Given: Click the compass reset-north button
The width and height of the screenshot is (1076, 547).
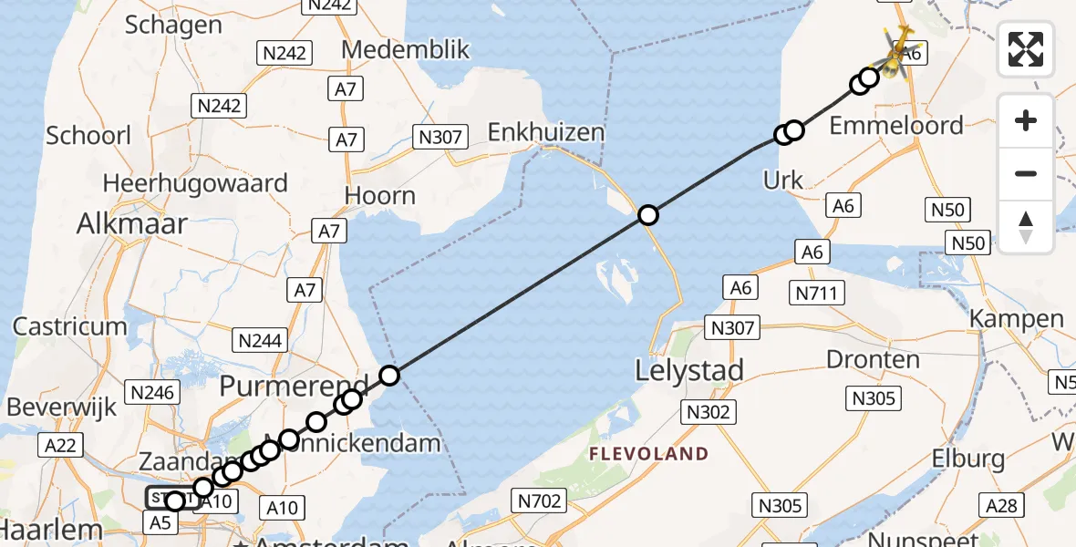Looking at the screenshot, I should pyautogui.click(x=1026, y=227).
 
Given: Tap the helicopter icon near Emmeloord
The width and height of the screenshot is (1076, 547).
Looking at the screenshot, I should pyautogui.click(x=900, y=51).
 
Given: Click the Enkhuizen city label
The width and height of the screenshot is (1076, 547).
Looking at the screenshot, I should pyautogui.click(x=546, y=132).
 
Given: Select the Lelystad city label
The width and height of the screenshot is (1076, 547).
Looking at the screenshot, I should pyautogui.click(x=690, y=370).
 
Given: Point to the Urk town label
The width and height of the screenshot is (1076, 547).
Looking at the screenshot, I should pyautogui.click(x=783, y=180).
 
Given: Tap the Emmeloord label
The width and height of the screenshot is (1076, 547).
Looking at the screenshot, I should pyautogui.click(x=896, y=125).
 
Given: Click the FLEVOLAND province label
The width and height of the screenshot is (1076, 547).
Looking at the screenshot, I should pyautogui.click(x=648, y=453).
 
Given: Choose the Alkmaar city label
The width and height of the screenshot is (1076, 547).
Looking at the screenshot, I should pyautogui.click(x=132, y=223).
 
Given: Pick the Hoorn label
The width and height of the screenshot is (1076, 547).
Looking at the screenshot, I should pyautogui.click(x=380, y=196).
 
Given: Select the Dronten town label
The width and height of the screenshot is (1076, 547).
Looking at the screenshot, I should pyautogui.click(x=873, y=359).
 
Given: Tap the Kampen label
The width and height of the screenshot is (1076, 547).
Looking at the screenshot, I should pyautogui.click(x=1017, y=319).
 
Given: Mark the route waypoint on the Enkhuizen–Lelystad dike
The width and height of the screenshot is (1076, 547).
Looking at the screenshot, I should pyautogui.click(x=647, y=215).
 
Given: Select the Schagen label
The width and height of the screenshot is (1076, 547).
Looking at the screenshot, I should pyautogui.click(x=173, y=25).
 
